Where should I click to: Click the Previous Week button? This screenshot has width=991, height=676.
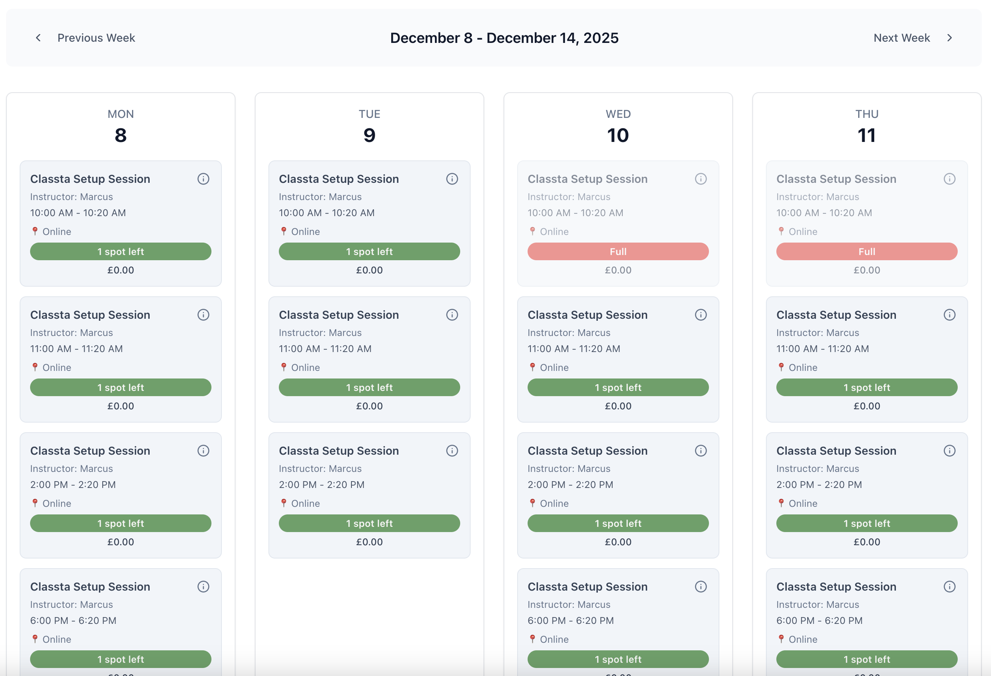click(x=85, y=38)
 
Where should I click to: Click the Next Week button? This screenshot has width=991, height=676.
click(x=912, y=38)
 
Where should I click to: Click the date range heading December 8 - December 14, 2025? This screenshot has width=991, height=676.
click(x=504, y=38)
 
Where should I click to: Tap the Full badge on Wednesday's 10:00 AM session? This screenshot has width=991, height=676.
click(x=618, y=251)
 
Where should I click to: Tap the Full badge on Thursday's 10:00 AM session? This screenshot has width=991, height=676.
click(x=867, y=251)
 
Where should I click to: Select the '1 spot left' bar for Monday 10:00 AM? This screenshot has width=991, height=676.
click(x=121, y=251)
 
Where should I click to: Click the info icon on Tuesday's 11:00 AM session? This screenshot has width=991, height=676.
click(x=452, y=315)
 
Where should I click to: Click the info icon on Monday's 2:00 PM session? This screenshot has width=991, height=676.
click(x=203, y=451)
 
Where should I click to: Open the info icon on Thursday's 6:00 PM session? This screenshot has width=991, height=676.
click(x=949, y=587)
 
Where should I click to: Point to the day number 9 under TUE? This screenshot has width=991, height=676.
click(x=369, y=135)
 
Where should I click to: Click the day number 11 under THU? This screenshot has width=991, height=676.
click(x=867, y=135)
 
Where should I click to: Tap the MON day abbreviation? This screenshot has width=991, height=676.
click(x=121, y=114)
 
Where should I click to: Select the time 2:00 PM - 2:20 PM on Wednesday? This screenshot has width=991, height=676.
click(x=570, y=485)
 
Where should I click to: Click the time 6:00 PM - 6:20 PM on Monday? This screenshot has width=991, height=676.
click(x=73, y=621)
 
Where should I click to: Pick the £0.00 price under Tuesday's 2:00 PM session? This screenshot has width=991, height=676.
click(x=369, y=542)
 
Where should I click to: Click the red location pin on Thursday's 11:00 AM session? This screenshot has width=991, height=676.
click(x=781, y=367)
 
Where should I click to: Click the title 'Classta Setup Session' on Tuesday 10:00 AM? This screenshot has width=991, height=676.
click(x=339, y=179)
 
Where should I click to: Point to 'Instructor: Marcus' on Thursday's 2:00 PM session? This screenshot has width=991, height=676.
click(x=817, y=468)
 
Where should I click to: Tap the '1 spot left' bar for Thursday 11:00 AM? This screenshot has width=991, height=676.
click(x=867, y=387)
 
